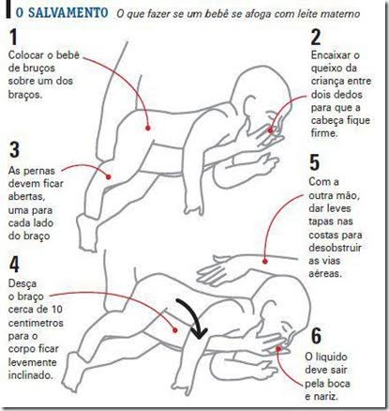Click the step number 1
pos(13,37)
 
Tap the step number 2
pos(316,37)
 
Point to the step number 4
pos(14,265)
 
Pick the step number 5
pos(315,162)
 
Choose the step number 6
pos(316,336)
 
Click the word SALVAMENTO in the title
pos(68,13)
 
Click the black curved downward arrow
pos(194,317)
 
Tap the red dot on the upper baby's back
pos(148,128)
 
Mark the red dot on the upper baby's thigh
pos(109,177)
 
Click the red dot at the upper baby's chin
pos(271,130)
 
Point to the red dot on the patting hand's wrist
pos(265,261)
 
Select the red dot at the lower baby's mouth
pos(278,348)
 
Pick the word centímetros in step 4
pos(36,323)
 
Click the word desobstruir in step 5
pos(335,248)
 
